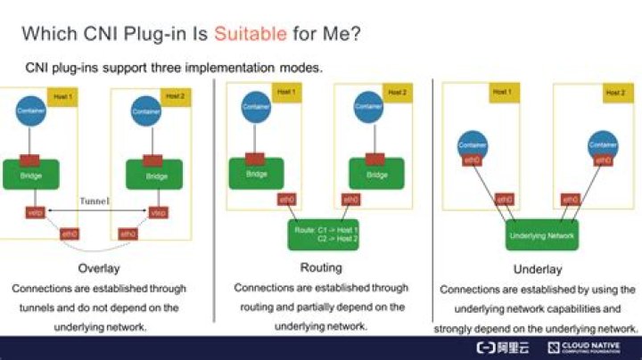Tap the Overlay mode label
click(98, 268)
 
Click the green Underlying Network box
click(542, 236)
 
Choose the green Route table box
click(324, 233)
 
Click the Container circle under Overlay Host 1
click(30, 110)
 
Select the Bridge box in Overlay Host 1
click(30, 176)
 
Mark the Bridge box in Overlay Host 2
click(156, 176)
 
